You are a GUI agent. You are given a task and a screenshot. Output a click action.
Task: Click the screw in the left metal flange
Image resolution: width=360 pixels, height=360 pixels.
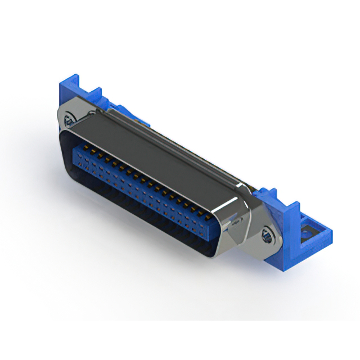69,119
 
